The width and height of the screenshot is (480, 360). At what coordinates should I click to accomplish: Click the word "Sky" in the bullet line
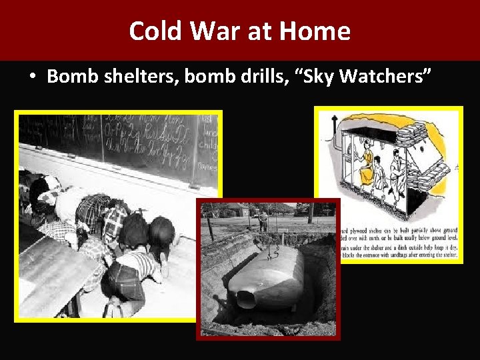pyautogui.click(x=322, y=77)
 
